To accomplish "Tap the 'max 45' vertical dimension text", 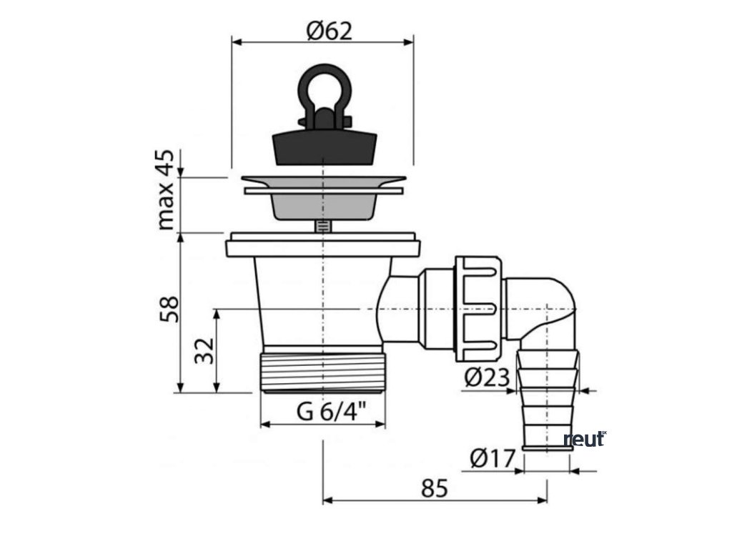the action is [166, 189].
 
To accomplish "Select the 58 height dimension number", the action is [168, 309].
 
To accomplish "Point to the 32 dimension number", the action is [204, 350].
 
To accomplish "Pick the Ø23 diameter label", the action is [488, 377].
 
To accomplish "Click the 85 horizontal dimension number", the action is [433, 489].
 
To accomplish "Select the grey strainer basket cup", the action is [323, 205].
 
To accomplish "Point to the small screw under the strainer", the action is [323, 225].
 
